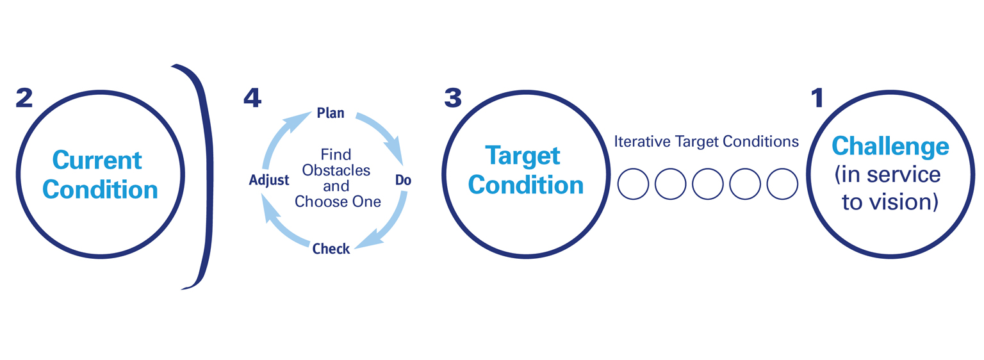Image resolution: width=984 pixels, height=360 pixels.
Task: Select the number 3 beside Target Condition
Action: [452, 97]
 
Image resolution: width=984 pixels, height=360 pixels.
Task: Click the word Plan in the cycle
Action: [331, 113]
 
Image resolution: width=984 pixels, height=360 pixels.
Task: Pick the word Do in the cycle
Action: [403, 181]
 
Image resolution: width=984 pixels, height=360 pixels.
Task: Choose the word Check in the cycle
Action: [331, 249]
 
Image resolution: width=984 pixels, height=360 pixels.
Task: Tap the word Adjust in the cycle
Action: [269, 181]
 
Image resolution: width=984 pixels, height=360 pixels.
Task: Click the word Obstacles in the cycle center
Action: [336, 171]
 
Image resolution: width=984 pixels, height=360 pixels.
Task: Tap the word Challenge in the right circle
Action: [890, 147]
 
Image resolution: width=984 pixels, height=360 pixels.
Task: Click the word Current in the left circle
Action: [97, 159]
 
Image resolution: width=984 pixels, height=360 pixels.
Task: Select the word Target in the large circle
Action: [523, 155]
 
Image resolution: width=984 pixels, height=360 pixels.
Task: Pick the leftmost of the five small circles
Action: [633, 184]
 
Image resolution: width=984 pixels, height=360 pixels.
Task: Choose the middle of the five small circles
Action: [707, 184]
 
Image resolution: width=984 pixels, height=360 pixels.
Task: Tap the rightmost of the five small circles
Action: [782, 184]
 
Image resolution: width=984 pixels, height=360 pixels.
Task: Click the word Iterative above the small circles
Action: [642, 142]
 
